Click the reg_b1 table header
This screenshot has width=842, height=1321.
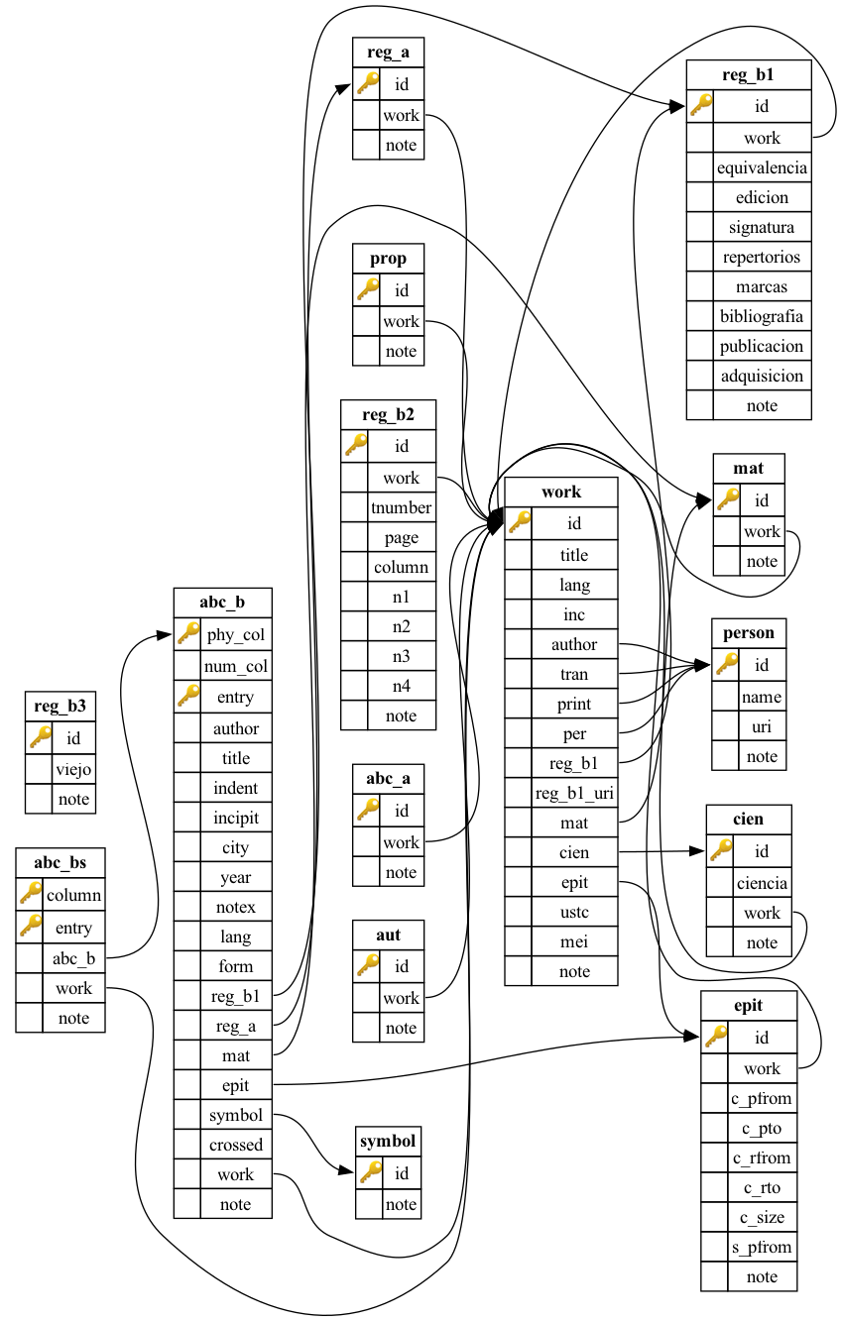point(749,75)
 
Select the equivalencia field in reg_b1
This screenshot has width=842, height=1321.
point(762,167)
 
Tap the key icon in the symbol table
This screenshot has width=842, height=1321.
point(369,1173)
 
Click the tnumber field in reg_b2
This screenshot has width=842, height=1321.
point(401,507)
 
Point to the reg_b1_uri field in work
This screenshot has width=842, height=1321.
point(574,793)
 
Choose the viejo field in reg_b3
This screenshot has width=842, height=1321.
point(73,768)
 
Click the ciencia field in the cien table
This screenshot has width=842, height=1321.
point(762,882)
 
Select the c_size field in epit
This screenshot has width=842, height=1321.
point(762,1217)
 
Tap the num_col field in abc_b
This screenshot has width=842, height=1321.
point(235,666)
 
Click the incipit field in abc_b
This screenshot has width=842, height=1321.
point(235,818)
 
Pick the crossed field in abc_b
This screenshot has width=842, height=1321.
point(235,1145)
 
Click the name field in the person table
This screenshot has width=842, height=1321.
point(762,697)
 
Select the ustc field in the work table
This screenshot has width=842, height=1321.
point(574,912)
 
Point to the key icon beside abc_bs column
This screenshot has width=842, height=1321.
point(30,895)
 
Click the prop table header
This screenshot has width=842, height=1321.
point(388,259)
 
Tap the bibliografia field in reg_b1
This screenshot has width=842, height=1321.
point(762,316)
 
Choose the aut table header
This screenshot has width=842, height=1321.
point(388,935)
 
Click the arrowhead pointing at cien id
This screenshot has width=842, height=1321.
point(697,851)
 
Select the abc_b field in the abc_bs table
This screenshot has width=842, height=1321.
point(73,957)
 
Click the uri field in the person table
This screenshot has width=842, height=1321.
point(762,726)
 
